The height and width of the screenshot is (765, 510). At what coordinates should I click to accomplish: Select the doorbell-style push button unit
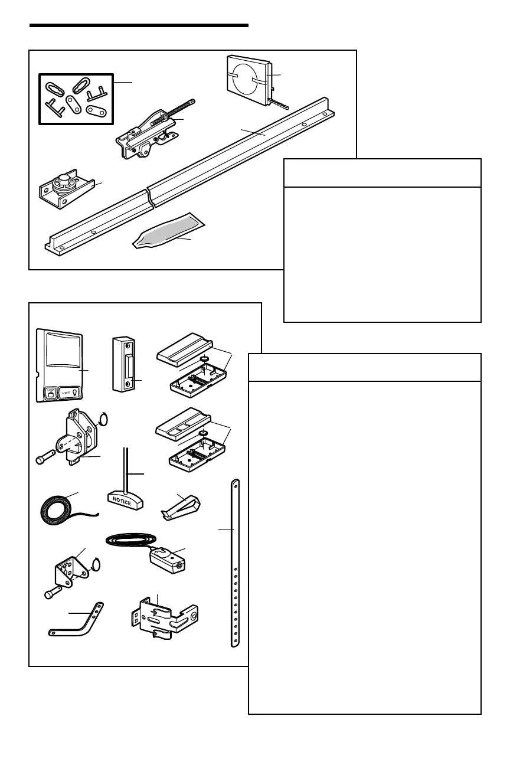(x=125, y=364)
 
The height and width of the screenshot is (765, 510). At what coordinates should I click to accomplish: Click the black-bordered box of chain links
(x=76, y=99)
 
